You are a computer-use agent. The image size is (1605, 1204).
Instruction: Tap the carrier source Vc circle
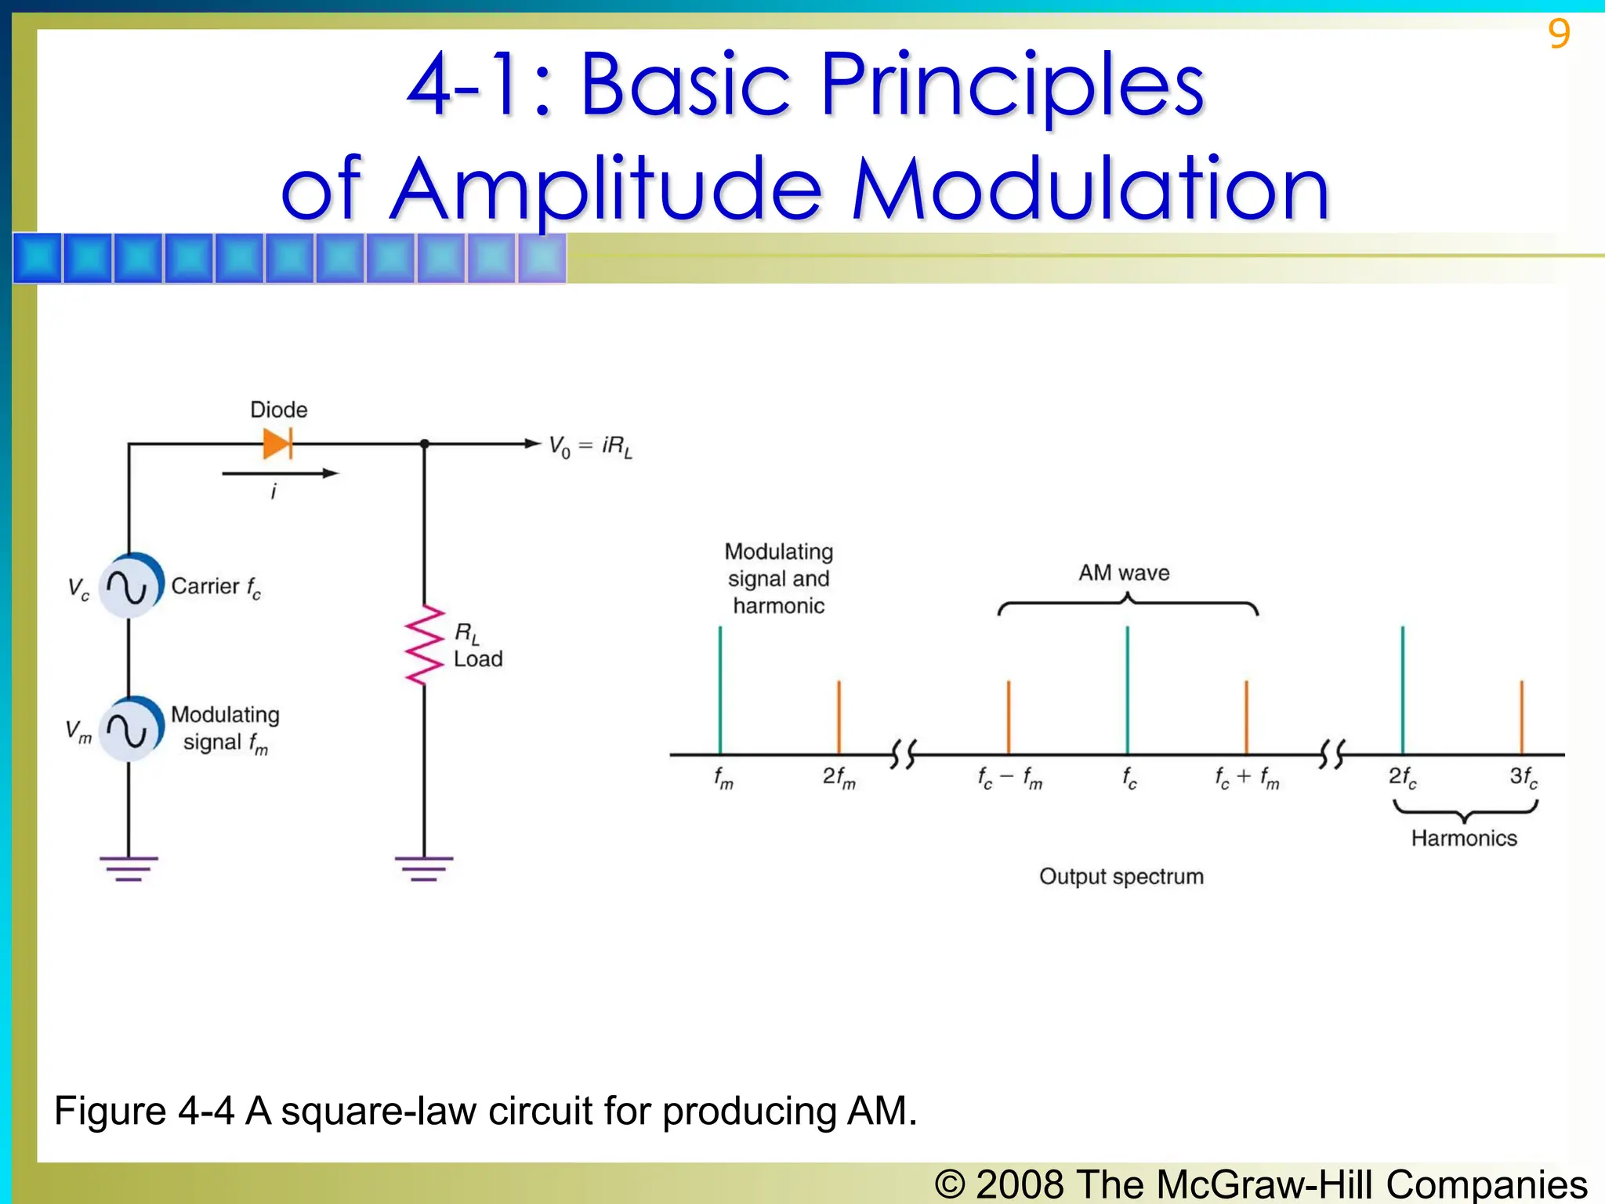130,586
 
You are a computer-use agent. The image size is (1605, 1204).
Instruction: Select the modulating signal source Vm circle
130,729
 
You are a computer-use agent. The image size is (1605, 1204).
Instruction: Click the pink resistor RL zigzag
424,644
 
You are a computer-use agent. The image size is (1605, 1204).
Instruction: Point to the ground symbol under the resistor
424,869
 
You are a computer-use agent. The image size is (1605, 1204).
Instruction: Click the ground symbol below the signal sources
129,869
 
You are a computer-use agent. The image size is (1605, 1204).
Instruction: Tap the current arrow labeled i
280,473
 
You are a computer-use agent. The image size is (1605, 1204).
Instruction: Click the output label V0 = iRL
590,447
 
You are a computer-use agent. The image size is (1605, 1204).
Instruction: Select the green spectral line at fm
720,690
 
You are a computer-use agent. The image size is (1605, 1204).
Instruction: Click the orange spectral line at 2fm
839,717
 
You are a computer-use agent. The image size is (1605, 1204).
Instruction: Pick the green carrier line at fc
1127,690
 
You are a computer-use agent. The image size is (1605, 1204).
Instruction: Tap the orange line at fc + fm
1246,717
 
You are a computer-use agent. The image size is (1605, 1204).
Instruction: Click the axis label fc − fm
1009,778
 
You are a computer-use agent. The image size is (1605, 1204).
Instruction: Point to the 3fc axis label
1523,778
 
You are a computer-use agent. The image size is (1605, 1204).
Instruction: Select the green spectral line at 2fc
1403,690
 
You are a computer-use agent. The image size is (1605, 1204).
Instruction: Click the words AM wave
1124,573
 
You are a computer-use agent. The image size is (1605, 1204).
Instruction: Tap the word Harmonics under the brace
1464,838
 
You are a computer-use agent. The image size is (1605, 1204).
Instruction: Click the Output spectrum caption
1121,876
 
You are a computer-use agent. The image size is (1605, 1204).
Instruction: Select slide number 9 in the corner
1559,34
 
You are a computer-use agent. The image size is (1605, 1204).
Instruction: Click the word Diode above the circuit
278,409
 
